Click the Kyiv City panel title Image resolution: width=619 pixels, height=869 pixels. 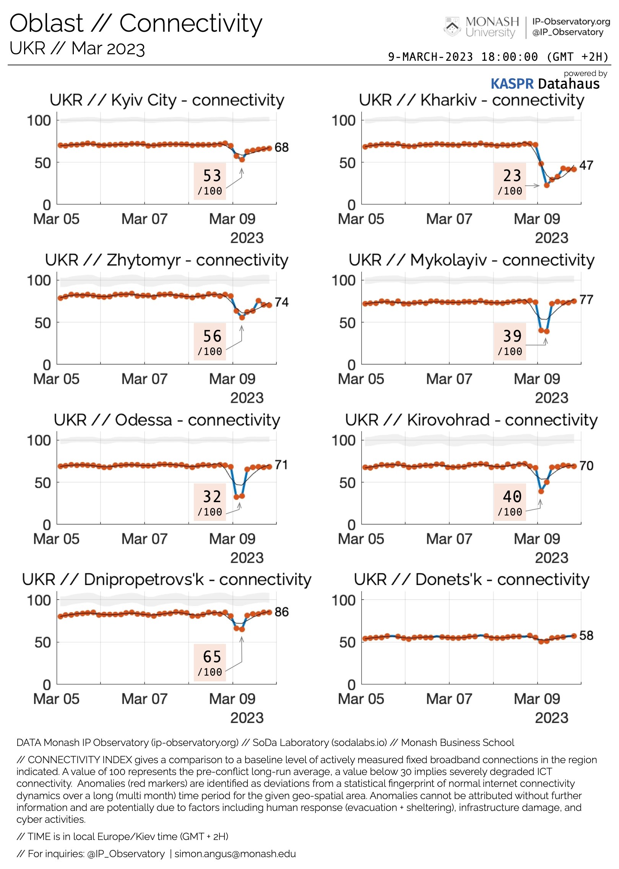pos(167,100)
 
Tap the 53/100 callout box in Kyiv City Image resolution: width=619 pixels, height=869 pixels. pos(210,182)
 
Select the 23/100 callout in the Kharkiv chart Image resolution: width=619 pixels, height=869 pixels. pos(510,182)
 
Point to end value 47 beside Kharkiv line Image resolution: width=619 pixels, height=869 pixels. pos(586,165)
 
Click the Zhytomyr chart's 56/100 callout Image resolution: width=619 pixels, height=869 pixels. pos(210,342)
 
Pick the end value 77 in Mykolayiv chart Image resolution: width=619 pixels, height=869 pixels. pos(586,300)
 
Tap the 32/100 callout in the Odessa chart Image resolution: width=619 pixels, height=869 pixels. pos(210,502)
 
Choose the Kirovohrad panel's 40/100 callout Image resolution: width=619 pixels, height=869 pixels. pos(510,502)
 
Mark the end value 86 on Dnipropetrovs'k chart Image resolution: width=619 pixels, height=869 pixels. pos(282,612)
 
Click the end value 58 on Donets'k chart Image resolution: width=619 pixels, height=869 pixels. pos(586,636)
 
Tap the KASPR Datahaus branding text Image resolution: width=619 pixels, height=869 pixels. pos(545,84)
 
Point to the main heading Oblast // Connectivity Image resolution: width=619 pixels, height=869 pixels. pos(136,24)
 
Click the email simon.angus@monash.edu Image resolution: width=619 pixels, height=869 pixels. pos(235,854)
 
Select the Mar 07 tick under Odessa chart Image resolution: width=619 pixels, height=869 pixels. pos(145,539)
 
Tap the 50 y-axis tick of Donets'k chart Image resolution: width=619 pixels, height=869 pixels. pos(347,643)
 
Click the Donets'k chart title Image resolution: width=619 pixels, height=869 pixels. pos(471,580)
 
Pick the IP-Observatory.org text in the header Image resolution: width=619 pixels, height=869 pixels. pos(571,21)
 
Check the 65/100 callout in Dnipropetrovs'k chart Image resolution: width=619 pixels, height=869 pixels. pos(210,662)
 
